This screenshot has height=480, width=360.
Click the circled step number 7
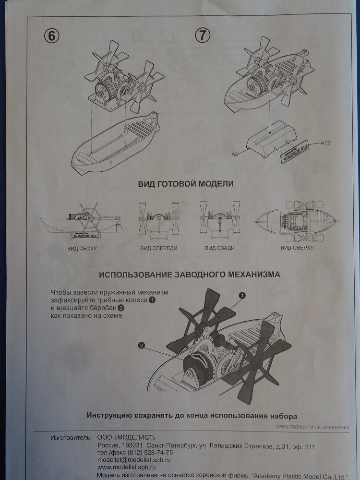203,35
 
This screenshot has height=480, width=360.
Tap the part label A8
235,154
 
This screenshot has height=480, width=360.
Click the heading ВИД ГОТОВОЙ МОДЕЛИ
179,184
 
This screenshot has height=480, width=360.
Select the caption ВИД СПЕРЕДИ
158,249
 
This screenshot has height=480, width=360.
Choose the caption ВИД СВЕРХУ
297,247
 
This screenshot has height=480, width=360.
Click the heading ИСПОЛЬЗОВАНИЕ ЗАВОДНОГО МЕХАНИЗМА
189,275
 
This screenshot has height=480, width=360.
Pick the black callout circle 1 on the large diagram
242,295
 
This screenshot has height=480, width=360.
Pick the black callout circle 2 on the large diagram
142,345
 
